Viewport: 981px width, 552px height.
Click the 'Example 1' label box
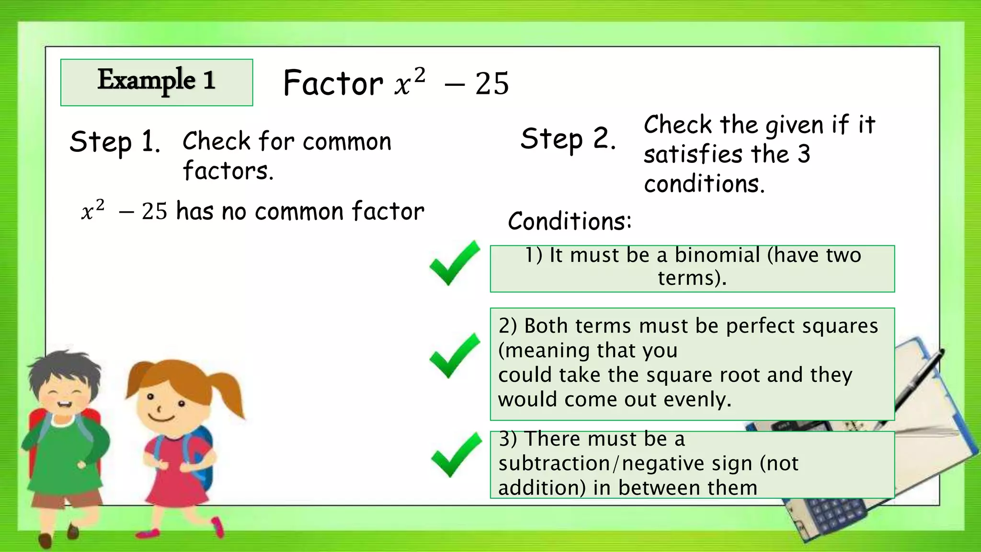[157, 82]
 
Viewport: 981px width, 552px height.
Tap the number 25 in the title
[492, 84]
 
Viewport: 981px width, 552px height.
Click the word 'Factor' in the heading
[333, 83]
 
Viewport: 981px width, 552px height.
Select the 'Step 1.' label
[114, 142]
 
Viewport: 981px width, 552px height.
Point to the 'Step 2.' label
[568, 139]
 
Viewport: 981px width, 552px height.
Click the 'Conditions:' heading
[570, 221]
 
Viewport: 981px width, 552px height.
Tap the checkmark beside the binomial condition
[454, 263]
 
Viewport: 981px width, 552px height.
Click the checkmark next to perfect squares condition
[454, 356]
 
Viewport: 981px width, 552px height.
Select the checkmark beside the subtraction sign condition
[456, 455]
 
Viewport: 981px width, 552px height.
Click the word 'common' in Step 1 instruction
[347, 142]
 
